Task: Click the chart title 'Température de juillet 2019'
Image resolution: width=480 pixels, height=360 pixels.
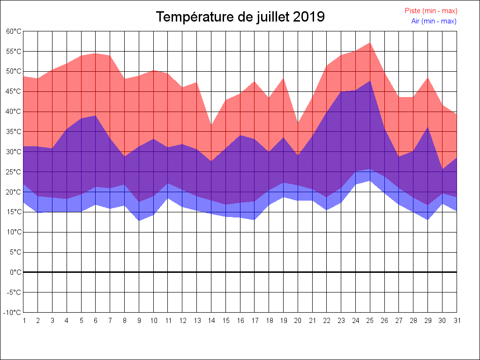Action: point(240,17)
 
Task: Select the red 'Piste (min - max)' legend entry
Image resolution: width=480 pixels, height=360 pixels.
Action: point(431,11)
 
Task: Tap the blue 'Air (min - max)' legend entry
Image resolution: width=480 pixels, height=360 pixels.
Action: point(434,21)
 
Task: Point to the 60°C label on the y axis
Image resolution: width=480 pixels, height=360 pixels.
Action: point(14,31)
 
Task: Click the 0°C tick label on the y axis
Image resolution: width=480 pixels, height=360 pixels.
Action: point(15,272)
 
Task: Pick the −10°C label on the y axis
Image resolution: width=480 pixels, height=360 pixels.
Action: point(13,313)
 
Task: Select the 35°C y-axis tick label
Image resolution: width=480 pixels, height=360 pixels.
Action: point(14,132)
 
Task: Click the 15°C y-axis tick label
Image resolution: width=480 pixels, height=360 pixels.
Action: point(14,212)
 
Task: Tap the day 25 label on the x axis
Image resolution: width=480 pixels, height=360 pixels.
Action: point(370,321)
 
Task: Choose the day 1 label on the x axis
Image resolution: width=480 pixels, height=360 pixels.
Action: point(23,321)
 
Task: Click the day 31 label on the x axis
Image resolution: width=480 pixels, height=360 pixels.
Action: point(457,321)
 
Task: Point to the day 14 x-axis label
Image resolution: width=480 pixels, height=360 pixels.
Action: point(211,321)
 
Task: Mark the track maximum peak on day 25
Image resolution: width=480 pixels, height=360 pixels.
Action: point(370,43)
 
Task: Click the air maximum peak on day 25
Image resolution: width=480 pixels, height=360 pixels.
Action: point(370,81)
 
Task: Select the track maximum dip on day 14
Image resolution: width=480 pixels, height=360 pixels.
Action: point(211,126)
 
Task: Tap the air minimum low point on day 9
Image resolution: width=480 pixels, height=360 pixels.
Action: point(139,220)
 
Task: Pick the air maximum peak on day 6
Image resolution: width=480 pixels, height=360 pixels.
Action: point(96,116)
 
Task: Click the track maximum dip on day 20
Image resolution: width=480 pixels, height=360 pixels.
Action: point(298,123)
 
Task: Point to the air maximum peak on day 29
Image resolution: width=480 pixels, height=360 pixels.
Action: point(427,127)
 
